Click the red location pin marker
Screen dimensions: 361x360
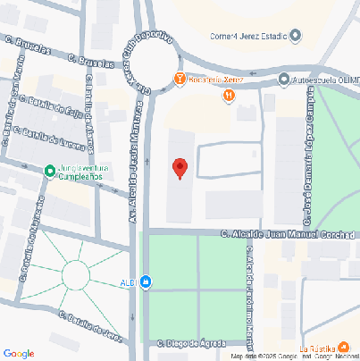click(180, 167)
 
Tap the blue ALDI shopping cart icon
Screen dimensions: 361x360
click(146, 283)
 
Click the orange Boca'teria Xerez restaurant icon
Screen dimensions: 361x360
click(180, 79)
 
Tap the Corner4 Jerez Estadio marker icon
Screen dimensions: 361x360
click(296, 36)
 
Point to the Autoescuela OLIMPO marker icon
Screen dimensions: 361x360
click(283, 79)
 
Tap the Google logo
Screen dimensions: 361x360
click(19, 353)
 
